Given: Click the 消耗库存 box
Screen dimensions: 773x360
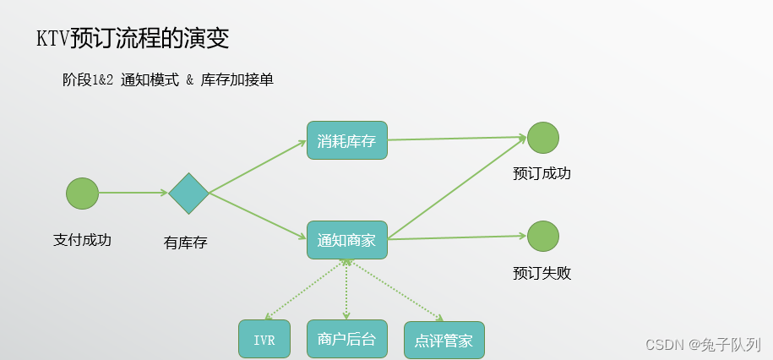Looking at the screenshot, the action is pyautogui.click(x=346, y=140).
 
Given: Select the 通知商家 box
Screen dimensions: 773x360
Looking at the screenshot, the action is pyautogui.click(x=346, y=240).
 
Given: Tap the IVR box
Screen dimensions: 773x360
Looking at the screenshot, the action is pyautogui.click(x=264, y=339).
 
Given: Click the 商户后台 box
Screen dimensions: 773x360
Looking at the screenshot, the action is pyautogui.click(x=346, y=339).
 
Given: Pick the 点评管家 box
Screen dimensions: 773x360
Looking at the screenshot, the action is pyautogui.click(x=444, y=341).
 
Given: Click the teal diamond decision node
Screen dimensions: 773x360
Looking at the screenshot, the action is pyautogui.click(x=188, y=194).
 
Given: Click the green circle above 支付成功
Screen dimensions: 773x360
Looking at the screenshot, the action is pyautogui.click(x=82, y=194).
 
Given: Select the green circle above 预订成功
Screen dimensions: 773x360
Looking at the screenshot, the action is pyautogui.click(x=543, y=138).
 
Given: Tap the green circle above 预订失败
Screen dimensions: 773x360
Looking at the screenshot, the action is pyautogui.click(x=543, y=236).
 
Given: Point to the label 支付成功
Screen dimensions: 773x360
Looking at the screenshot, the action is pyautogui.click(x=82, y=239).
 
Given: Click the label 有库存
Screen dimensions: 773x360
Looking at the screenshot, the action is pyautogui.click(x=185, y=243).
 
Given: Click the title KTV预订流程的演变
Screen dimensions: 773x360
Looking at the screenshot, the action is pyautogui.click(x=132, y=38).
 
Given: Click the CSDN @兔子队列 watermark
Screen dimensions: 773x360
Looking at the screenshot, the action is pyautogui.click(x=703, y=345).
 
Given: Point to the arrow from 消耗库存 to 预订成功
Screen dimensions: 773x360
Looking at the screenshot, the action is pyautogui.click(x=456, y=139).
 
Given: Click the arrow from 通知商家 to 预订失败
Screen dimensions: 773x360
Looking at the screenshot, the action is pyautogui.click(x=456, y=237).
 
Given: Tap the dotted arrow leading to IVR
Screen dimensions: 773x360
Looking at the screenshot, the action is pyautogui.click(x=304, y=292).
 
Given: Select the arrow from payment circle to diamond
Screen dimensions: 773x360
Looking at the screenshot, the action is pyautogui.click(x=133, y=194).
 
